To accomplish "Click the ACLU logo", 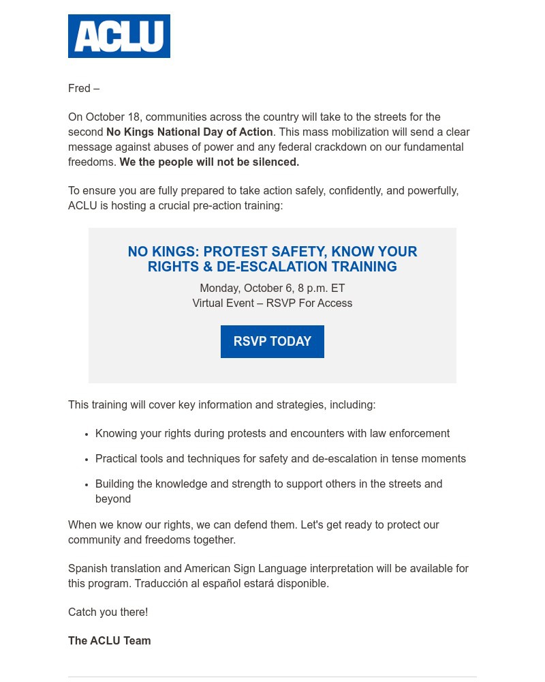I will [119, 36].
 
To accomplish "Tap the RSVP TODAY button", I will [272, 342].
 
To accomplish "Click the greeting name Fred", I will [79, 89].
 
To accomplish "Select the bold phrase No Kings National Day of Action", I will [189, 132].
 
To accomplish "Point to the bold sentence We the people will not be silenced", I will [209, 162].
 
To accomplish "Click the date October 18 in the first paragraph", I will [112, 117].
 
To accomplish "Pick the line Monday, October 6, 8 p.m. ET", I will [272, 288].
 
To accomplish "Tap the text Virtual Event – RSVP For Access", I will [272, 303].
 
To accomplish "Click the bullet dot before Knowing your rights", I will [87, 434].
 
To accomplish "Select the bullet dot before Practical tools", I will [87, 460].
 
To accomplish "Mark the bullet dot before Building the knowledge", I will [87, 485].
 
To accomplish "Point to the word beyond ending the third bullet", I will [113, 499].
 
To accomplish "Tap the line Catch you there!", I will [108, 612].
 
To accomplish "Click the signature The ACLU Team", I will [110, 641].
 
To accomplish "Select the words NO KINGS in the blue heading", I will [161, 252].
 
